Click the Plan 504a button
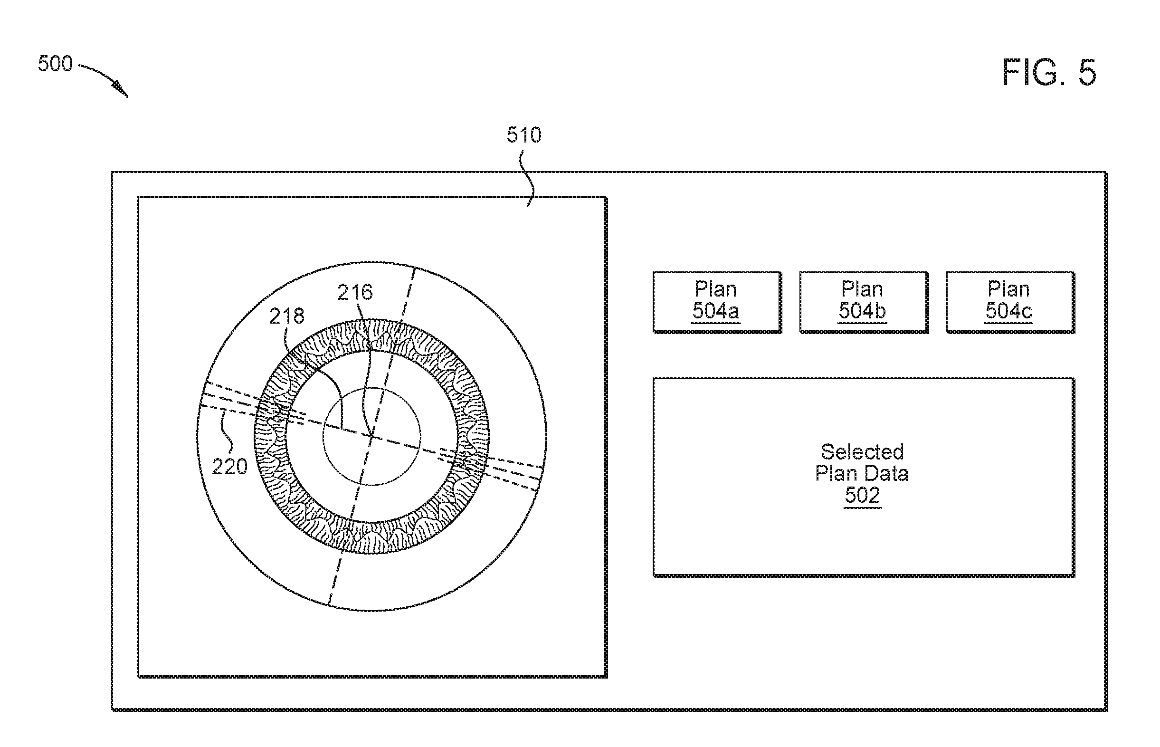pos(717,302)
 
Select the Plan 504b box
pos(863,302)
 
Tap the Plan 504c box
pos(1010,302)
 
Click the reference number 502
pos(862,495)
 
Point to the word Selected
pos(862,452)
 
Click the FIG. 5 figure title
pos(1049,73)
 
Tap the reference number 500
pos(55,64)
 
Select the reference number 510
pos(524,135)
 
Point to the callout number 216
pos(355,293)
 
